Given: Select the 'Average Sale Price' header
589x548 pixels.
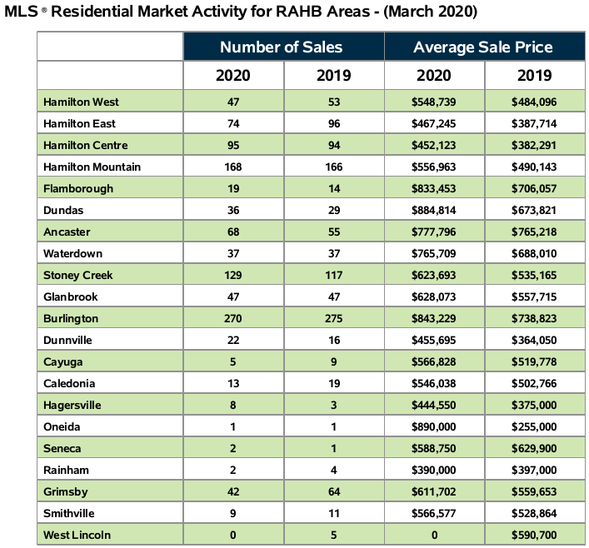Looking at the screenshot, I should tap(482, 47).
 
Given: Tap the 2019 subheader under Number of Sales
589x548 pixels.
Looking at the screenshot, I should tap(333, 75).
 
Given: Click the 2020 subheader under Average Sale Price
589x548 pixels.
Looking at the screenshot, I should tap(433, 75).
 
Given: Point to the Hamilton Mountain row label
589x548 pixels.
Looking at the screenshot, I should tap(92, 167).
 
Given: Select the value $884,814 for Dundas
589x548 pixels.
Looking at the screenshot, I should tap(433, 210).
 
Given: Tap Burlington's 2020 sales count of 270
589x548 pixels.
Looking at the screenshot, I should tap(233, 318).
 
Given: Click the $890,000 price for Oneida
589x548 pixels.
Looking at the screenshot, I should tap(433, 426).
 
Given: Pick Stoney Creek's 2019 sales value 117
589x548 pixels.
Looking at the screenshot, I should tap(333, 275).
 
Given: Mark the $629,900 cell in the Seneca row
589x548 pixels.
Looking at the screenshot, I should tap(534, 448).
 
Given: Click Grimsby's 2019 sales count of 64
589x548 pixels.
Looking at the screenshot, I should tap(333, 491).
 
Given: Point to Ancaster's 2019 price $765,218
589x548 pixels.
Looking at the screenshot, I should tap(534, 232).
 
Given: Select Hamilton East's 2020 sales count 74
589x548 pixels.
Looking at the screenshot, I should tap(233, 123).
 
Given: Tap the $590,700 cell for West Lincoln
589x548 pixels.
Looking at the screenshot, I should tap(534, 534).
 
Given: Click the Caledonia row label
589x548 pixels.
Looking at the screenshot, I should tap(71, 383).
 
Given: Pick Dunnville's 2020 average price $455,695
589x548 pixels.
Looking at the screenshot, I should tap(433, 340).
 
